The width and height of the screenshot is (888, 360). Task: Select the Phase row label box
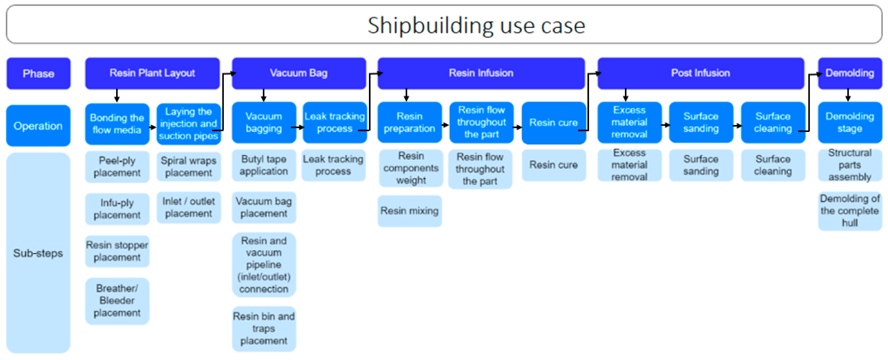[x=38, y=73]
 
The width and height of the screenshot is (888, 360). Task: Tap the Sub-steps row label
[x=38, y=253]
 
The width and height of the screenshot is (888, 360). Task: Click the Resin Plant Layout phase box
[x=152, y=73]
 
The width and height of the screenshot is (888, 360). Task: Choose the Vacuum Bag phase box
[x=299, y=73]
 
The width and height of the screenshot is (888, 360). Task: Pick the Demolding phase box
[x=850, y=73]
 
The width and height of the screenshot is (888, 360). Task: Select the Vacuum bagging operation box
[x=263, y=122]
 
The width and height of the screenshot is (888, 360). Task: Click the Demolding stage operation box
[x=850, y=122]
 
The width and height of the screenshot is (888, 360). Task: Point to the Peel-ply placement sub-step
[x=117, y=166]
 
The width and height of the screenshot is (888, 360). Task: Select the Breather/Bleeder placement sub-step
[x=117, y=301]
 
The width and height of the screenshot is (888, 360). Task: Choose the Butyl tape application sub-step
[x=263, y=165]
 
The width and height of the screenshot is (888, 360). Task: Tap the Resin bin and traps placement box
[x=263, y=329]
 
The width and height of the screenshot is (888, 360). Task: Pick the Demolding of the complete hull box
[x=850, y=211]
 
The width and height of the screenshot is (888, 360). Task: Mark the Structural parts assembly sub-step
[x=850, y=165]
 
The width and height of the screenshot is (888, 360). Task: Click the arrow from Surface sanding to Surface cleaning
[x=737, y=126]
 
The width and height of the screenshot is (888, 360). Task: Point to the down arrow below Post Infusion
[x=625, y=95]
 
